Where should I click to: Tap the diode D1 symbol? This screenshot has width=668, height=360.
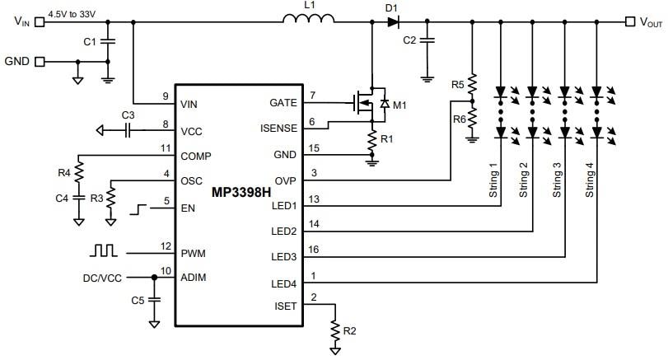click(x=393, y=22)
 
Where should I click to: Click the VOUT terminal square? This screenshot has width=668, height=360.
click(x=630, y=22)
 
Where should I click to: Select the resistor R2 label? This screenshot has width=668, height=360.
click(x=349, y=331)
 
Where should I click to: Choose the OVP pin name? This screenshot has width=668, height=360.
click(x=285, y=181)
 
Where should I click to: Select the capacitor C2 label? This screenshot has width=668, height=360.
click(x=409, y=40)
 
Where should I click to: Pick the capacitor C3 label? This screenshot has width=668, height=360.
click(x=128, y=115)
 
